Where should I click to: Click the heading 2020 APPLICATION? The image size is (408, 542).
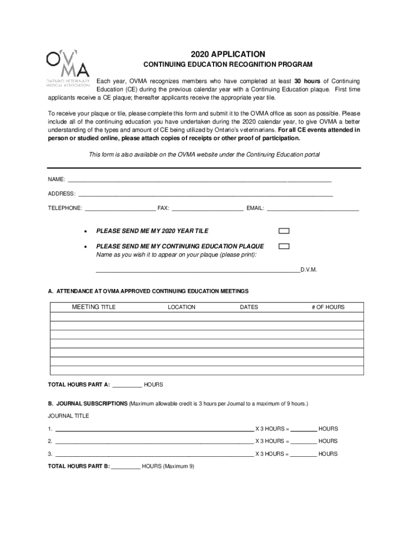(x=228, y=54)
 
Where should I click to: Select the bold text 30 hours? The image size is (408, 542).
(x=307, y=81)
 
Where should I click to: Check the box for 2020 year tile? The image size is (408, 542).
(x=285, y=231)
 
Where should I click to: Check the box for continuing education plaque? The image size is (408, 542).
(x=285, y=246)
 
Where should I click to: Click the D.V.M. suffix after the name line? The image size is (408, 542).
(x=308, y=270)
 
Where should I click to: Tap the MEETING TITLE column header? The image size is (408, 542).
(x=94, y=307)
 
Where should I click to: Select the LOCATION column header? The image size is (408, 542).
(x=182, y=307)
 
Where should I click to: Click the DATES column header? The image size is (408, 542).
(x=249, y=307)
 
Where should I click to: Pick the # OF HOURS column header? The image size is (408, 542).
(x=328, y=307)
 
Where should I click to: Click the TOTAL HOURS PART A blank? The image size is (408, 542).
(x=127, y=385)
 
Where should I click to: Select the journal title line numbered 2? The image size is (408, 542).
(x=154, y=441)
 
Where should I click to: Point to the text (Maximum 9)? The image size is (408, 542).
(x=179, y=466)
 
